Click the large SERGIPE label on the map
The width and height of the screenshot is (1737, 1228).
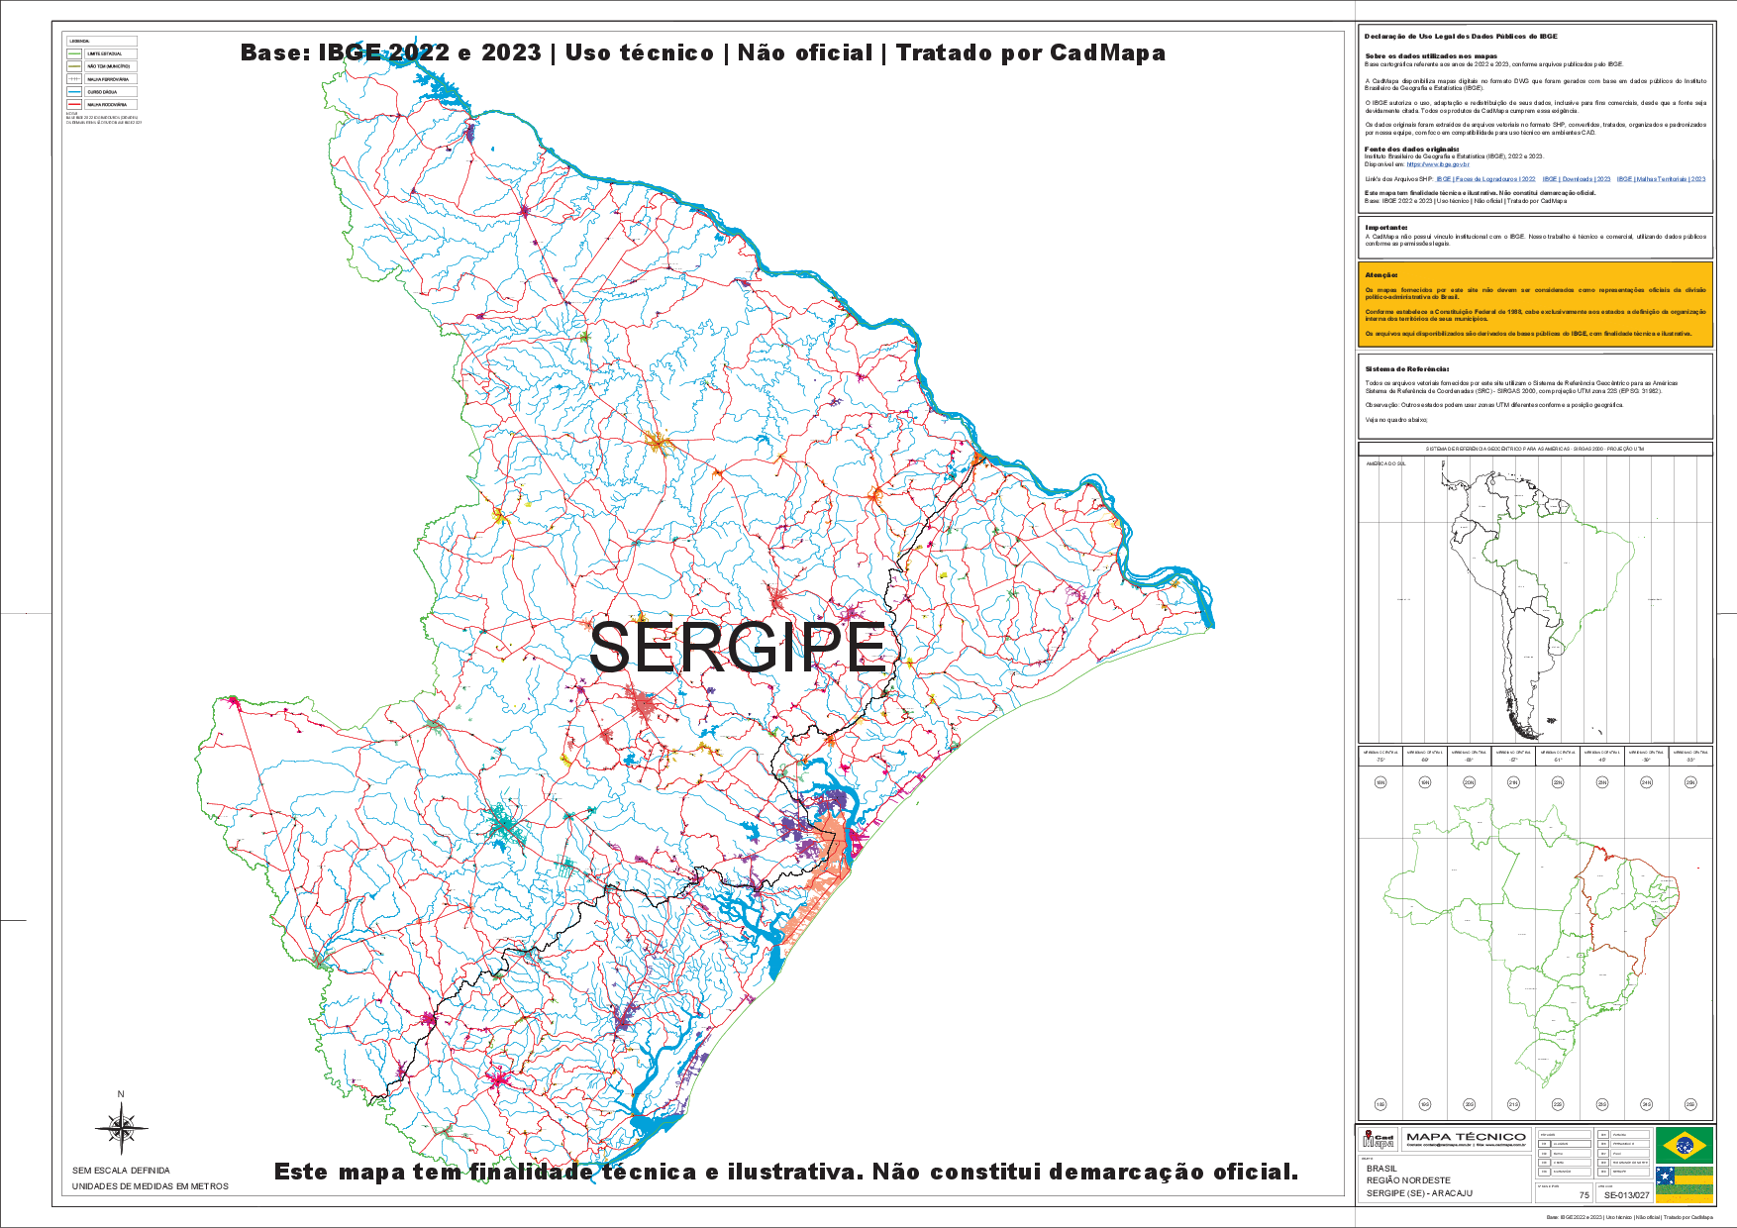pos(738,649)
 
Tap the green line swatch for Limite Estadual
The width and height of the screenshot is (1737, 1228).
pos(74,53)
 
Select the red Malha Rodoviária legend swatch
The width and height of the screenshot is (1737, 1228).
pos(74,104)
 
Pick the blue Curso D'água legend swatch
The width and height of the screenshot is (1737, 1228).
pos(74,91)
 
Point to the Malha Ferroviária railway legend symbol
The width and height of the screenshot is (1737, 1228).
pos(74,78)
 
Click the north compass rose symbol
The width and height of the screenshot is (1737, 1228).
pos(121,1128)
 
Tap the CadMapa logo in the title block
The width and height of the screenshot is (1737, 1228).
pos(1379,1140)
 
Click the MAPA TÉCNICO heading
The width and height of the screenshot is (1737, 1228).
pos(1466,1137)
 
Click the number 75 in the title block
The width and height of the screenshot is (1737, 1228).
pos(1584,1195)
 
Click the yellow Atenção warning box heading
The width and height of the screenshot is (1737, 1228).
pos(1381,275)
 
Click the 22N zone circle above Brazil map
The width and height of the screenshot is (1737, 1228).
pos(1558,782)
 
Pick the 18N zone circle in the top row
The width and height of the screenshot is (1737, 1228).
pos(1380,782)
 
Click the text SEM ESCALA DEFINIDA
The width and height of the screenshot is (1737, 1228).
pos(121,1171)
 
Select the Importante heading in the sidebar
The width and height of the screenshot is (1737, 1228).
pos(1386,228)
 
